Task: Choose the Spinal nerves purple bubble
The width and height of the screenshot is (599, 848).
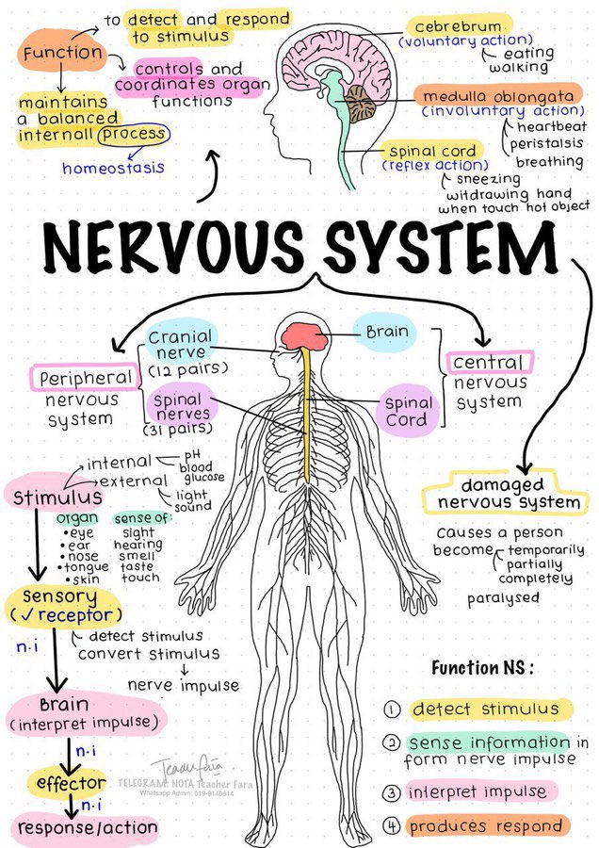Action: pyautogui.click(x=177, y=407)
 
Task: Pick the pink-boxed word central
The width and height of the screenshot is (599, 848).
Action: pyautogui.click(x=488, y=363)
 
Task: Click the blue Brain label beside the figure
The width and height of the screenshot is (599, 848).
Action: pyautogui.click(x=387, y=332)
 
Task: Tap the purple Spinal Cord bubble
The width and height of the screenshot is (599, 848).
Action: pyautogui.click(x=407, y=411)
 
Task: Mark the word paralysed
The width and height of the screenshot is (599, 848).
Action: pyautogui.click(x=504, y=598)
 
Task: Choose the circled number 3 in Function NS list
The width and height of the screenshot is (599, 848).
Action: pyautogui.click(x=393, y=791)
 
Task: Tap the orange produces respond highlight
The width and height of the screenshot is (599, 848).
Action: pyautogui.click(x=488, y=826)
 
